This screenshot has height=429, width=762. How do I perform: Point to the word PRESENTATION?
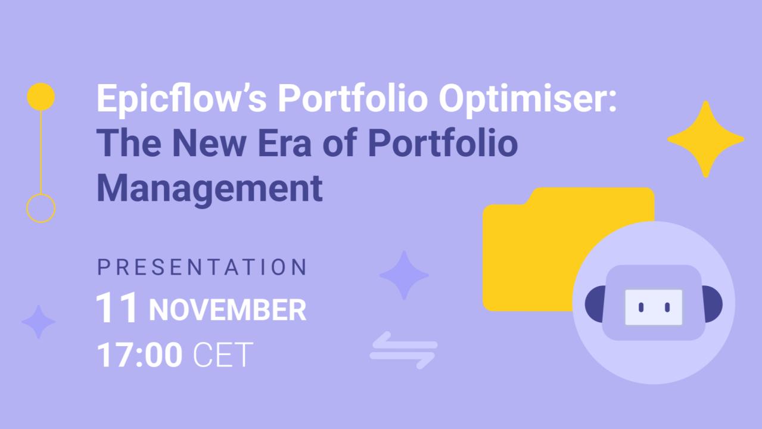[x=202, y=268]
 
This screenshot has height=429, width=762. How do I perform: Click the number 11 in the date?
[x=117, y=308]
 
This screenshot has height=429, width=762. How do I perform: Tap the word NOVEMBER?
[x=227, y=310]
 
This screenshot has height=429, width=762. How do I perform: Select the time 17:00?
[x=139, y=355]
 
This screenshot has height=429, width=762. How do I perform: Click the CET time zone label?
[x=223, y=355]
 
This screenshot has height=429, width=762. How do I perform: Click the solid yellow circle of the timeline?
[x=41, y=97]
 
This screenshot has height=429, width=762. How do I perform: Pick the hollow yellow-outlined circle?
[x=41, y=208]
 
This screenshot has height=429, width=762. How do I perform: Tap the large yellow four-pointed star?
[x=705, y=139]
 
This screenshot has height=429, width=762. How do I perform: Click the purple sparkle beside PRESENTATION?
[x=404, y=275]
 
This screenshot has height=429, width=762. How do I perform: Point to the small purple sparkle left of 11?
[x=38, y=322]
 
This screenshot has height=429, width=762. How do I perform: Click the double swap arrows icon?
[x=403, y=350]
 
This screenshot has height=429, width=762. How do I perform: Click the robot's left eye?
[x=641, y=307]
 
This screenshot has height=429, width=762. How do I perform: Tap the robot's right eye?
[x=667, y=307]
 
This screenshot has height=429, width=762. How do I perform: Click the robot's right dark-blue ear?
[x=714, y=304]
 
